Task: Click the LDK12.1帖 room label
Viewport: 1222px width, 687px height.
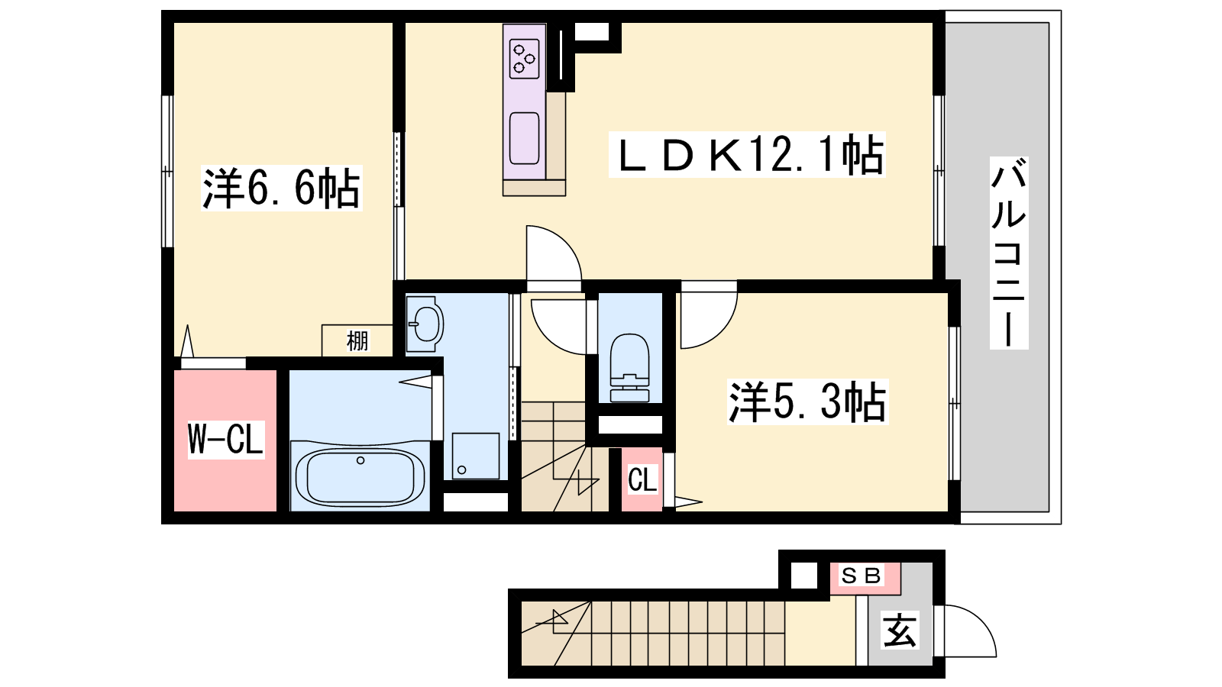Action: [747, 155]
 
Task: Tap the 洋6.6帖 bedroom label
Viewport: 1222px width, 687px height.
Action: [282, 188]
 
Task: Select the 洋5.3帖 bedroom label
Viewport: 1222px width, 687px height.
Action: [808, 402]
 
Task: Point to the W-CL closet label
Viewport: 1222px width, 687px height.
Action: [226, 439]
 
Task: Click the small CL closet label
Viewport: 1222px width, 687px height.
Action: [642, 480]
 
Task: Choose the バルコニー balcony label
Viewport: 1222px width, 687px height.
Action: [1009, 253]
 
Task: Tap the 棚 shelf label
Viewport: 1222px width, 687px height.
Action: [357, 340]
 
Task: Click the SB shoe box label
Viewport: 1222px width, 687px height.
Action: [862, 576]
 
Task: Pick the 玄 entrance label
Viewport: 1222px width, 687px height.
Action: [900, 631]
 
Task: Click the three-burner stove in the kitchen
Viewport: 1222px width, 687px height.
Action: [524, 60]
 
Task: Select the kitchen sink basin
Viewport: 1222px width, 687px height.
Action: [524, 138]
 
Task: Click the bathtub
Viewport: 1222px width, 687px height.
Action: [360, 476]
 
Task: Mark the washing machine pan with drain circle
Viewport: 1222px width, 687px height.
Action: [475, 456]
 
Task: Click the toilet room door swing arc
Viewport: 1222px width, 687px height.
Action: [547, 337]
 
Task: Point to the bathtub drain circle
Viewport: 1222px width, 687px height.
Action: [360, 461]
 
